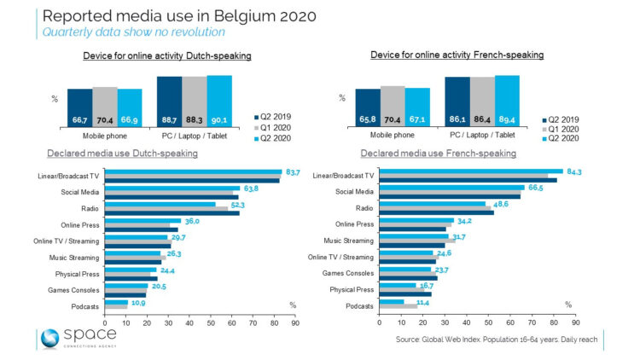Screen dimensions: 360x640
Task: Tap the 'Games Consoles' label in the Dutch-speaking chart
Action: [x=74, y=289]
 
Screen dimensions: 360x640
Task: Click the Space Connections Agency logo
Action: [x=75, y=337]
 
